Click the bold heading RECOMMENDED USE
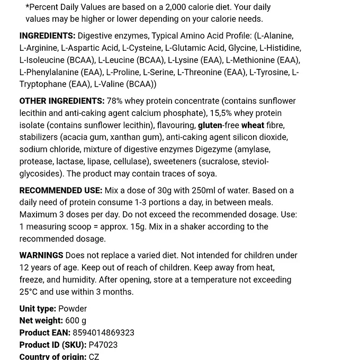coord(61,190)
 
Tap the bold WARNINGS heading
coord(41,255)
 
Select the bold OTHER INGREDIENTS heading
coord(62,101)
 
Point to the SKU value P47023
coord(103,345)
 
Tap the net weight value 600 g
coord(76,320)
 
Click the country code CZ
coord(94,356)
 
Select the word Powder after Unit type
coord(73,308)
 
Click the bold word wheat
coord(253,125)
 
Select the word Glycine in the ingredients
coord(242,48)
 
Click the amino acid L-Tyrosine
coord(269,72)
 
